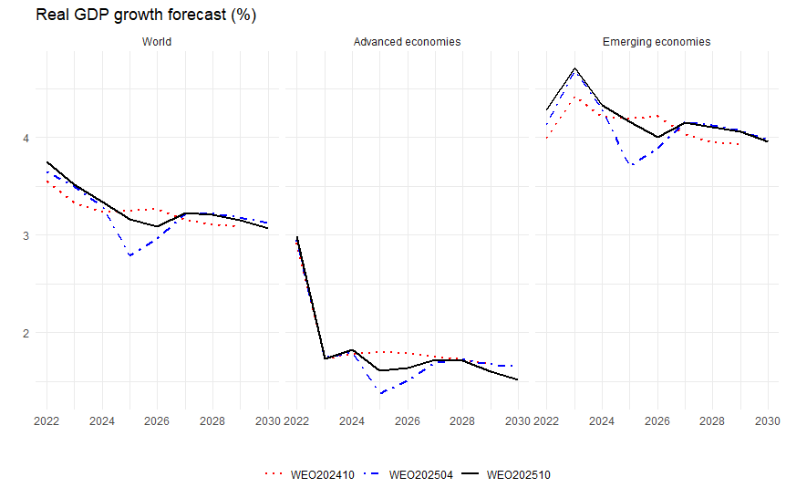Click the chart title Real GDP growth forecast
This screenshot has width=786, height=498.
click(133, 16)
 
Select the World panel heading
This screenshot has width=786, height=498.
click(156, 42)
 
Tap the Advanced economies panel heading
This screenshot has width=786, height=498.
click(407, 42)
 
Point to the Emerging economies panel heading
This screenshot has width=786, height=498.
click(657, 42)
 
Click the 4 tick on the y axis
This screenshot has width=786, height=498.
click(25, 138)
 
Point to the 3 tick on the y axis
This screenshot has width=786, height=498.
click(25, 235)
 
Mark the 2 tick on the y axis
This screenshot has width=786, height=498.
click(25, 333)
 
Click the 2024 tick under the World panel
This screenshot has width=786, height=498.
click(102, 421)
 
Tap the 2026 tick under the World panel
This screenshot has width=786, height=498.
click(157, 421)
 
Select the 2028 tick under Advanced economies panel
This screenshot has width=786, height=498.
click(462, 421)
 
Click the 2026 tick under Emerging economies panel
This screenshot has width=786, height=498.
click(657, 421)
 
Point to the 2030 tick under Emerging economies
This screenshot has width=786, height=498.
click(767, 421)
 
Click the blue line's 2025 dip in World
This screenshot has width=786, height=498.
click(130, 255)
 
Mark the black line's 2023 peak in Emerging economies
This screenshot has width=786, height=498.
click(574, 68)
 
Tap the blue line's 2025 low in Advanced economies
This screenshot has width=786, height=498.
click(380, 393)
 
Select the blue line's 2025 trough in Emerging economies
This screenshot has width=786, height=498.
click(630, 165)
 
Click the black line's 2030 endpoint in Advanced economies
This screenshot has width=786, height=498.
click(517, 379)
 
